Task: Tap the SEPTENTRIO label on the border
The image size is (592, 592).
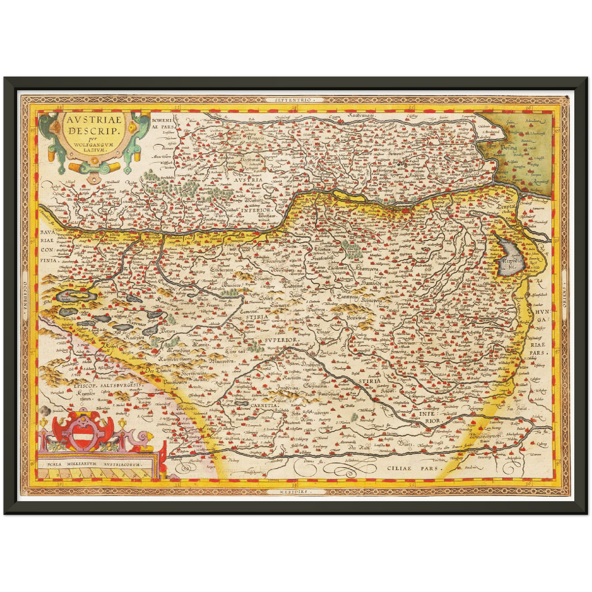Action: [x=295, y=100]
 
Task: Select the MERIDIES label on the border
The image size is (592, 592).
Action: [x=295, y=491]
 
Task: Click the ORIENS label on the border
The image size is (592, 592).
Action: [x=563, y=295]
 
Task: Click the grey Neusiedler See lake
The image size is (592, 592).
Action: [x=508, y=258]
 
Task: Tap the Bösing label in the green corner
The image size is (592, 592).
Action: [x=508, y=147]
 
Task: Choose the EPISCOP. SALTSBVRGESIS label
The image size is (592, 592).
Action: [x=107, y=386]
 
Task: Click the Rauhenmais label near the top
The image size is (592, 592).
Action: [x=364, y=116]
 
